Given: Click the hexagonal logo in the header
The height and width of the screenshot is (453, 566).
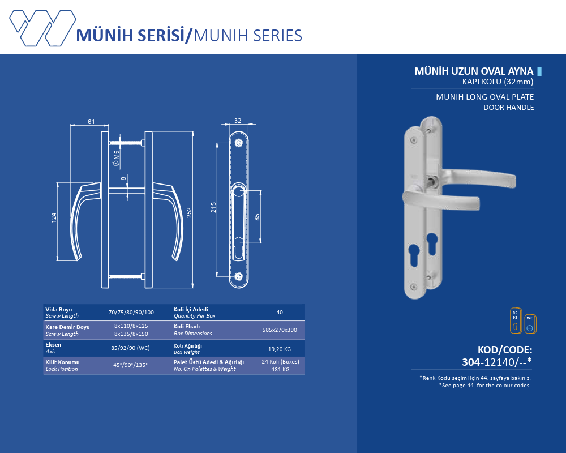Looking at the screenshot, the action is pos(42,28).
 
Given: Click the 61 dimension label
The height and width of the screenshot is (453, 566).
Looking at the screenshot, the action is pos(91,122).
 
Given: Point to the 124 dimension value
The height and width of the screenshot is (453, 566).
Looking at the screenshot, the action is pos(54,217).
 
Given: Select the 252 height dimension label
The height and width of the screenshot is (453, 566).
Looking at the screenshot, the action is pos(189,212).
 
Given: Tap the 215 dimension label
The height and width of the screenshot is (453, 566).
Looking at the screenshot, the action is pos(213,207).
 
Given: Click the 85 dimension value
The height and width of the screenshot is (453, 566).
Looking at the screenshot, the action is pos(257,217).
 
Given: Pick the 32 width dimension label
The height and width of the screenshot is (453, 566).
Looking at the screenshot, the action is pos(238,121).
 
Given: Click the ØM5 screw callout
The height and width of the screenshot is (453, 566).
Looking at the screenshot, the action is pos(116,158).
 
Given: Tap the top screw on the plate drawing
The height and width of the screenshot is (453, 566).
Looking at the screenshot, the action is pos(239,143).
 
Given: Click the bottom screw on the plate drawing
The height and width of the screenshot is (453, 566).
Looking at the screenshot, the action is pos(239,277).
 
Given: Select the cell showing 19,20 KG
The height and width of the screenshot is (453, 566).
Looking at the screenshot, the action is pos(280,349).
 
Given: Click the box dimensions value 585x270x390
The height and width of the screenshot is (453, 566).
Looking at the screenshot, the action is pos(280,330).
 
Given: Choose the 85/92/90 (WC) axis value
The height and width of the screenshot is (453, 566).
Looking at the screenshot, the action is pos(130,348).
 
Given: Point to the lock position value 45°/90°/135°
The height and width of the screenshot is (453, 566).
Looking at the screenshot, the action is pos(130,365).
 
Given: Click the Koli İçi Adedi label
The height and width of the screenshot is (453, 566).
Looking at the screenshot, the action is pos(191,309).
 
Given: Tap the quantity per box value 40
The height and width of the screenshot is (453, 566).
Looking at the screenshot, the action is pos(280,312).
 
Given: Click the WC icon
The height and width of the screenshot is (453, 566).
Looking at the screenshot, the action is pos(530,324).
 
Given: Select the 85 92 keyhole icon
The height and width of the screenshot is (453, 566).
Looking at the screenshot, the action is pos(516,320).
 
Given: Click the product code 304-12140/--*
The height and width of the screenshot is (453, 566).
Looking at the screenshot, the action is pos(497,362).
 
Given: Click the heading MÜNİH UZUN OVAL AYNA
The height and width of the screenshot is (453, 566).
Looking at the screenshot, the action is pos(474,71).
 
